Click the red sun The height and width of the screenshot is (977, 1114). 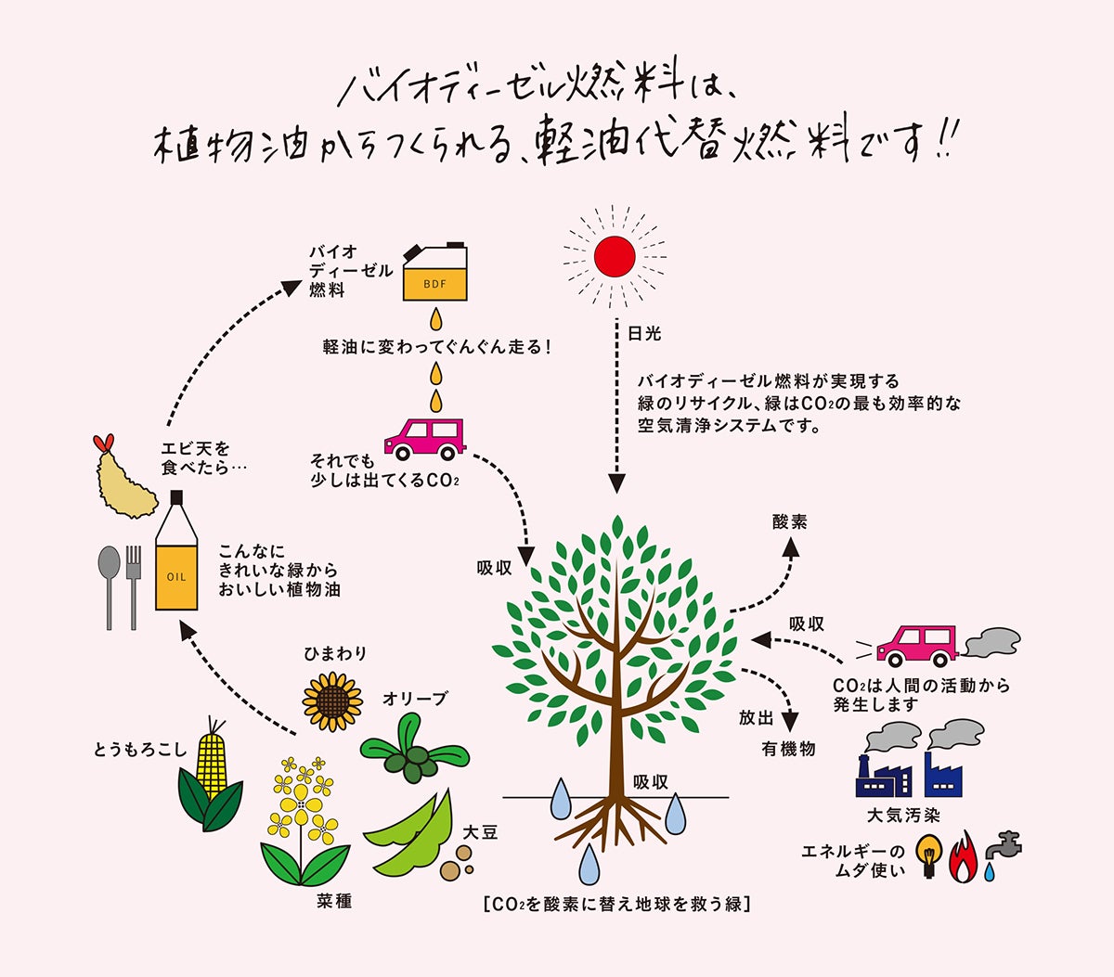pyautogui.click(x=615, y=254)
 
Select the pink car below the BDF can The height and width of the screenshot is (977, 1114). pyautogui.click(x=424, y=438)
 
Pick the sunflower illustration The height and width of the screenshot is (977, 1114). pyautogui.click(x=331, y=701)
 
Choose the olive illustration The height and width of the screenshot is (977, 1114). pyautogui.click(x=414, y=752)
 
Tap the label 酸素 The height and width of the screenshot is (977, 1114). pyautogui.click(x=789, y=522)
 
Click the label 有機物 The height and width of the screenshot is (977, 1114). pyautogui.click(x=788, y=749)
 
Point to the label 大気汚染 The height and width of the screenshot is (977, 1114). pyautogui.click(x=902, y=816)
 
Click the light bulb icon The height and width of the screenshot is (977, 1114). pyautogui.click(x=927, y=854)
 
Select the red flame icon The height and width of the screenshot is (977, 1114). pyautogui.click(x=964, y=856)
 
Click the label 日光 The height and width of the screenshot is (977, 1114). pyautogui.click(x=644, y=333)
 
